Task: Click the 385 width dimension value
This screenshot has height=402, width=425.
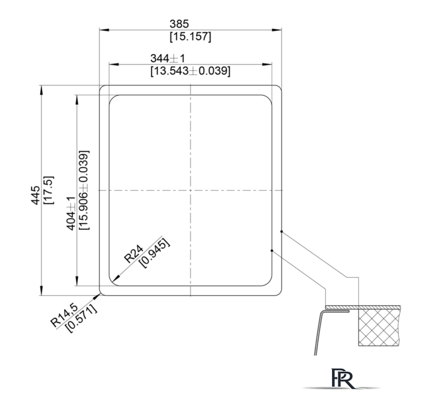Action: (x=179, y=24)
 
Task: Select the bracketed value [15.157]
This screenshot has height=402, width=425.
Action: (x=190, y=36)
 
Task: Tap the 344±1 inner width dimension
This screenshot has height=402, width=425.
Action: (x=167, y=58)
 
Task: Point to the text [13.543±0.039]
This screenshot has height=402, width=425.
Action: (x=190, y=71)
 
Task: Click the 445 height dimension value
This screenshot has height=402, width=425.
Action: (x=35, y=195)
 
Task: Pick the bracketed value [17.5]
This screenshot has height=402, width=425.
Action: (x=49, y=190)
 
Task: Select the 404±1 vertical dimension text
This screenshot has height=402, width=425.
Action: (x=71, y=214)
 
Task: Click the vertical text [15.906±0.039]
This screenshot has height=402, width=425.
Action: (x=84, y=190)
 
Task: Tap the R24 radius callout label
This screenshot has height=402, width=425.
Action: (x=133, y=254)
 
